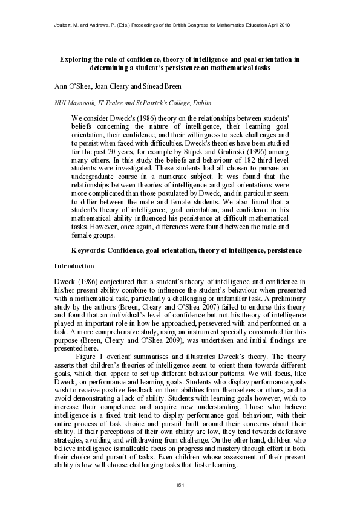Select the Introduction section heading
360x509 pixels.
(x=74, y=266)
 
